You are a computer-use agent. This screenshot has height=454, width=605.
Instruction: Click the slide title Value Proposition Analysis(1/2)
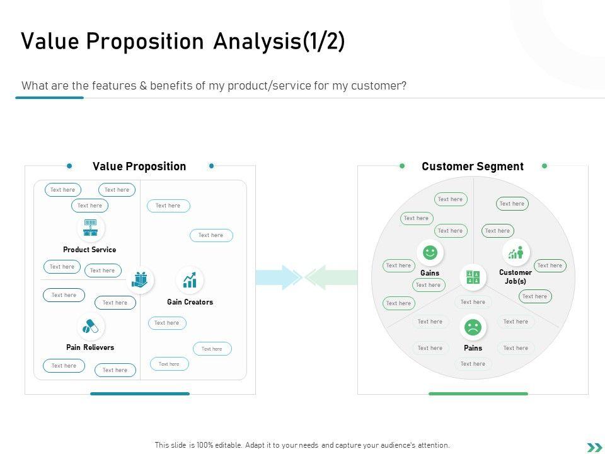coord(183,42)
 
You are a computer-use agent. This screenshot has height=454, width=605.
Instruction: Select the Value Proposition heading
coord(139,166)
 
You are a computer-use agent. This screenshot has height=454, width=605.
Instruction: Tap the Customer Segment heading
coord(473,166)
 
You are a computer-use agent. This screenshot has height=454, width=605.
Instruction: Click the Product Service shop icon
coord(91,228)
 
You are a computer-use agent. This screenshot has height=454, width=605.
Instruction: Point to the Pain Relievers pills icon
coord(91,326)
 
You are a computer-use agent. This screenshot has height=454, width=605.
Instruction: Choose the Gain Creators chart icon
coord(190,279)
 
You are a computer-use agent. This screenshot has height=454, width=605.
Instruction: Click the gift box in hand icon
coord(139,279)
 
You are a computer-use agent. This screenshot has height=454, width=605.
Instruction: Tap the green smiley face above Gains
coord(430,252)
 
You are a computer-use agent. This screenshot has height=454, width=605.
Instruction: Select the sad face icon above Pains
coord(473,327)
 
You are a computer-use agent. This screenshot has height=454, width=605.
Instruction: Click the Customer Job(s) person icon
coord(516,252)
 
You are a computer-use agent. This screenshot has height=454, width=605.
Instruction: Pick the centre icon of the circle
coord(473,277)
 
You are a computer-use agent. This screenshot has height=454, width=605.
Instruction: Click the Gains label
coord(430,273)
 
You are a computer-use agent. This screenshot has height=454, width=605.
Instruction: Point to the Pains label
coord(473,348)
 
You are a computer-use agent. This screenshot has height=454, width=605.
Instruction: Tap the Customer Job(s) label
coord(516,277)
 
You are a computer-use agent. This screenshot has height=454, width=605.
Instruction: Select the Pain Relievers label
coord(90,347)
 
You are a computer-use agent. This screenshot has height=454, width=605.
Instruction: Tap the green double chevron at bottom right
coord(594,447)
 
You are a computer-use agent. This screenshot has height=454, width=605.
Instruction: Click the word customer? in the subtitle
coord(384,86)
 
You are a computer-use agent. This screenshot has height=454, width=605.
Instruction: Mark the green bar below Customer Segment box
coord(478,393)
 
